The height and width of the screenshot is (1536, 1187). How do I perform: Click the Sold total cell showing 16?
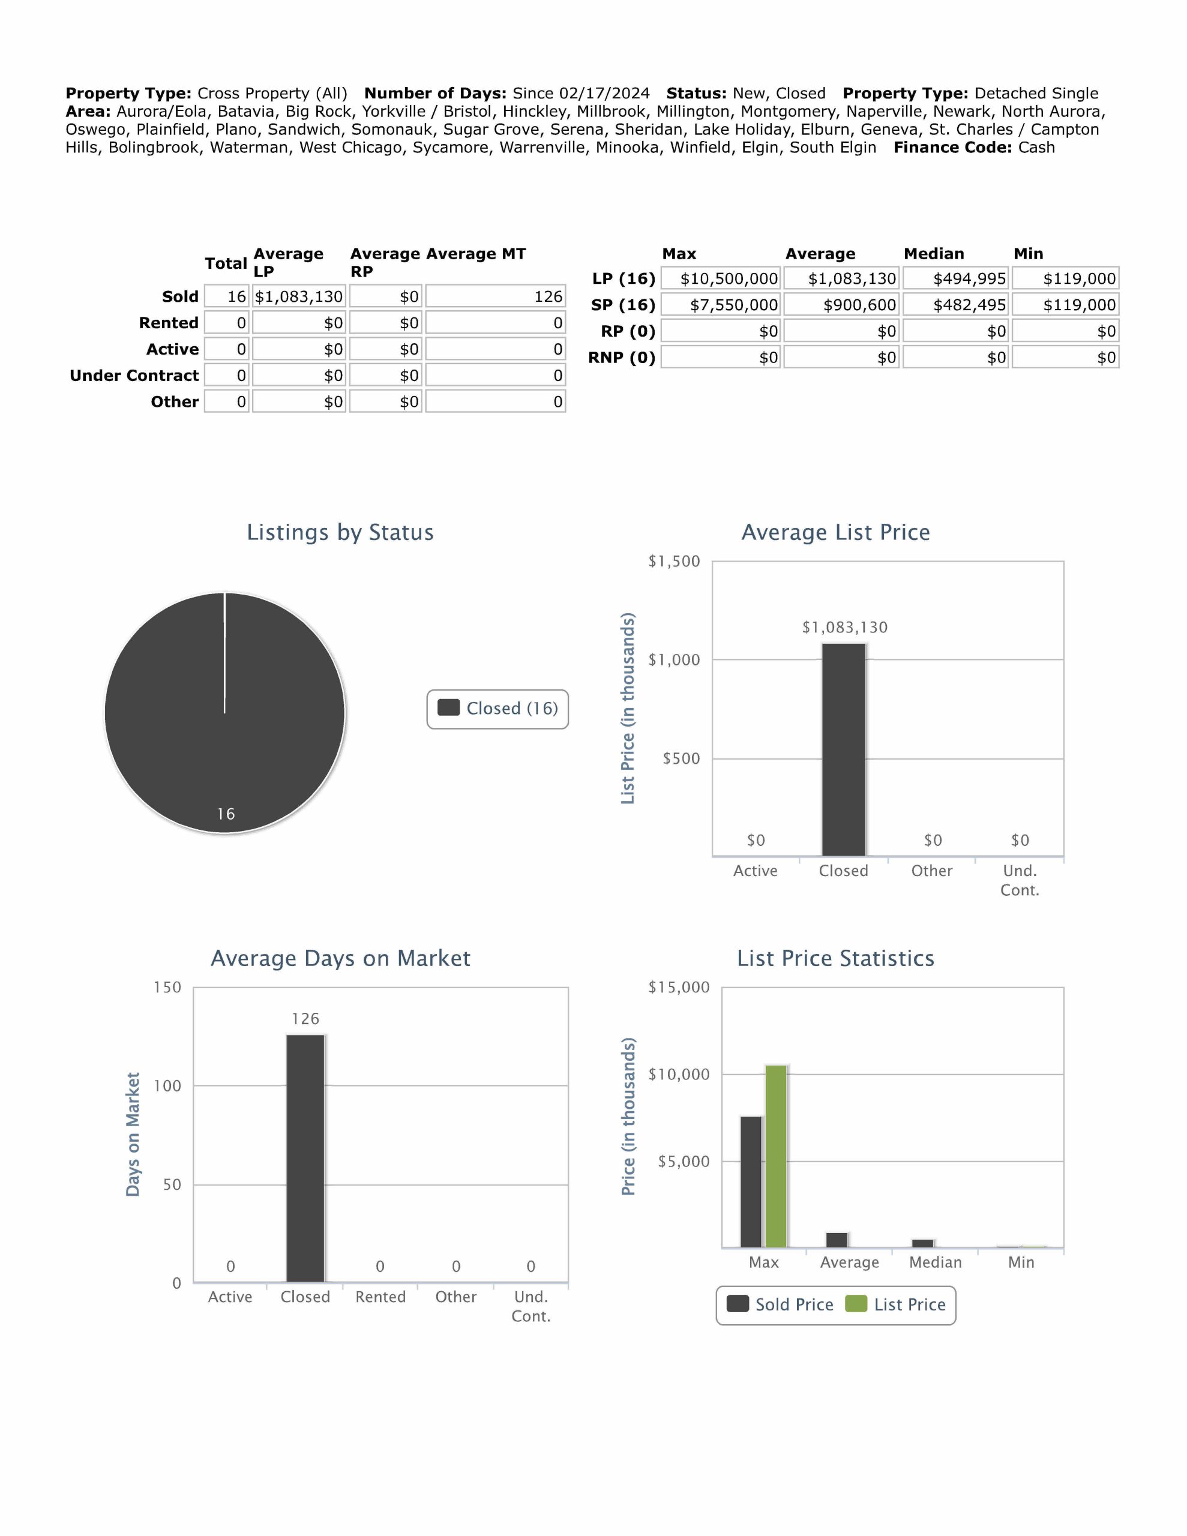point(227,297)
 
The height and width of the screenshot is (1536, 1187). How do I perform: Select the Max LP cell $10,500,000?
point(721,278)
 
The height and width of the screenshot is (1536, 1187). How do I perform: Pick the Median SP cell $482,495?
point(955,305)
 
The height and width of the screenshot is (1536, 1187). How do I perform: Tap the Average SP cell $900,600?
point(841,305)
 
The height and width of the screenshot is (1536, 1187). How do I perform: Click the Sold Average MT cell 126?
point(495,297)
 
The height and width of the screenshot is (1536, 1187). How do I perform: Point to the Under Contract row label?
point(134,376)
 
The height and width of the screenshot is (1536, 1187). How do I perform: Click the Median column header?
point(934,254)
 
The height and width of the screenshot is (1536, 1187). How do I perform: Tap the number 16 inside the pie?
point(225,814)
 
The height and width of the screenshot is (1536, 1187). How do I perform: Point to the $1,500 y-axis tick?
point(673,561)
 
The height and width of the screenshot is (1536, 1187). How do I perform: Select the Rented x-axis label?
point(380,1297)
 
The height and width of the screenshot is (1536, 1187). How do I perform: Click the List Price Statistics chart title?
point(835,959)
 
